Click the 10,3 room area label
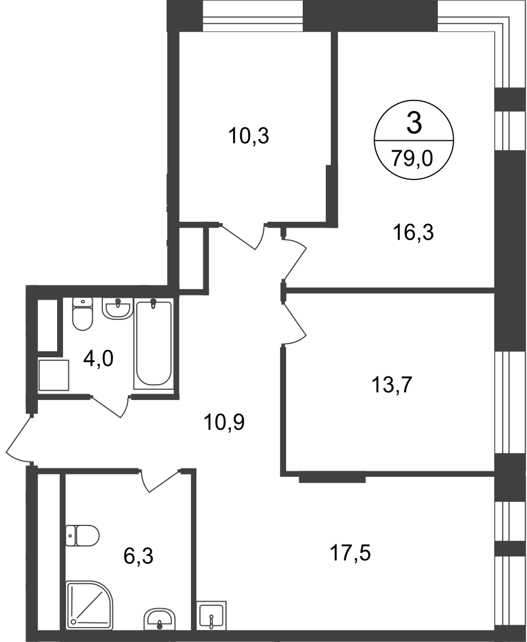coord(249,136)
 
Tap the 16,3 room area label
coord(413,233)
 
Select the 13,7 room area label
coord(391,385)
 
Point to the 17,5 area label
coord(350,553)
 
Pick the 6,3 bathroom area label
coord(139,556)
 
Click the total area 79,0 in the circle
coord(412,159)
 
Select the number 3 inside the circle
coord(414,123)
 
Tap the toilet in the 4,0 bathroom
coord(83,314)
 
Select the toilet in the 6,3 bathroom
coord(82,535)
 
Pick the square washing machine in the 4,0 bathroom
coord(54,375)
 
